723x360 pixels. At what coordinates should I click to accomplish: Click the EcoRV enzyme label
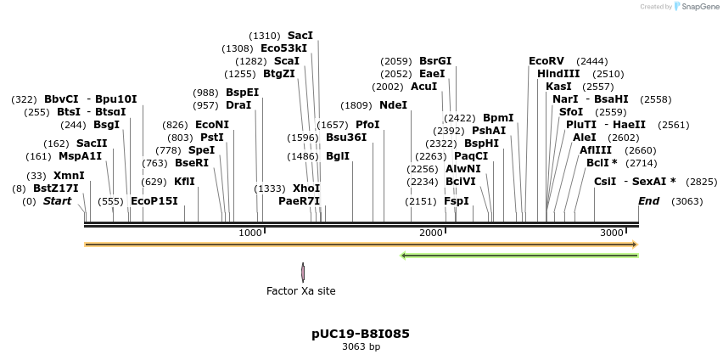[546, 61]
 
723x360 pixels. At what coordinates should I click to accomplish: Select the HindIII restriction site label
[558, 74]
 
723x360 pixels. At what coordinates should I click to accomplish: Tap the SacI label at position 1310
[300, 36]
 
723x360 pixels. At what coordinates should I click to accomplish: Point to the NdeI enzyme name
[393, 105]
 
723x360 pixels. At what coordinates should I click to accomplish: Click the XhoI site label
[305, 188]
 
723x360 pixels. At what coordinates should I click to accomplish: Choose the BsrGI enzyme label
[435, 61]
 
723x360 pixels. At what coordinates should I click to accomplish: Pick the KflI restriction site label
[184, 182]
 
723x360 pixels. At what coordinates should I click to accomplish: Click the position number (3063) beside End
[687, 201]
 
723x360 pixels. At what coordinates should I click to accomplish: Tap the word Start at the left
[58, 201]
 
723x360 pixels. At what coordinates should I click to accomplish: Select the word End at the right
[649, 201]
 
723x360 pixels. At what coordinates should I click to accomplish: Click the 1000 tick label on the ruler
[250, 233]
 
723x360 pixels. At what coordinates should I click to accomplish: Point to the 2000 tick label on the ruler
[432, 233]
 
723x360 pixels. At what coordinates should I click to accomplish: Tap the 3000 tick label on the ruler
[613, 233]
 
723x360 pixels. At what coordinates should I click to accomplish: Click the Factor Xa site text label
[301, 291]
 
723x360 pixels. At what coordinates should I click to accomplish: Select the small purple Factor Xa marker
[303, 272]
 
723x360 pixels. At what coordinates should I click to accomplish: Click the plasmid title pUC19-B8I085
[361, 334]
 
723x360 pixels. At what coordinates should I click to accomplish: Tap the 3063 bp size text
[361, 346]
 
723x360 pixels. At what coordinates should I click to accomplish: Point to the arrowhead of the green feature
[404, 255]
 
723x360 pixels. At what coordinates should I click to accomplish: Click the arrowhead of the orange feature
[634, 245]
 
